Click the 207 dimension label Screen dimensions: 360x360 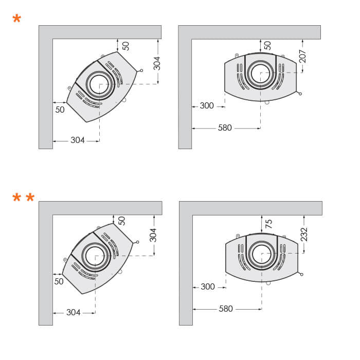click(x=302, y=56)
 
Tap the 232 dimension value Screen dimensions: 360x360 click(x=304, y=235)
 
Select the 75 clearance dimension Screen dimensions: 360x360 click(x=268, y=224)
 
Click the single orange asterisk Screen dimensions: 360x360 click(x=17, y=20)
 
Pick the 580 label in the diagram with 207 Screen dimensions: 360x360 click(x=225, y=128)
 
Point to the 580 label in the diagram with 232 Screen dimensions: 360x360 click(x=226, y=309)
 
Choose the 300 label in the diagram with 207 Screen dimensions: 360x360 click(x=207, y=106)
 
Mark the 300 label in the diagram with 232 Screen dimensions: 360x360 click(x=208, y=287)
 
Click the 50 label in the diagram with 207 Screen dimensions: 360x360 click(x=267, y=45)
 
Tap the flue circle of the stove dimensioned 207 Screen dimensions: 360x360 click(x=261, y=73)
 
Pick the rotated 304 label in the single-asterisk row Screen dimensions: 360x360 click(x=157, y=63)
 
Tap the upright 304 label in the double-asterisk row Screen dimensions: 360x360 click(x=74, y=312)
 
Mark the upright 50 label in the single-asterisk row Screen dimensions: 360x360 click(x=60, y=110)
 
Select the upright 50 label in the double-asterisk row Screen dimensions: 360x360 click(x=59, y=281)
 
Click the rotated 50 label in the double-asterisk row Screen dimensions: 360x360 click(x=122, y=221)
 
